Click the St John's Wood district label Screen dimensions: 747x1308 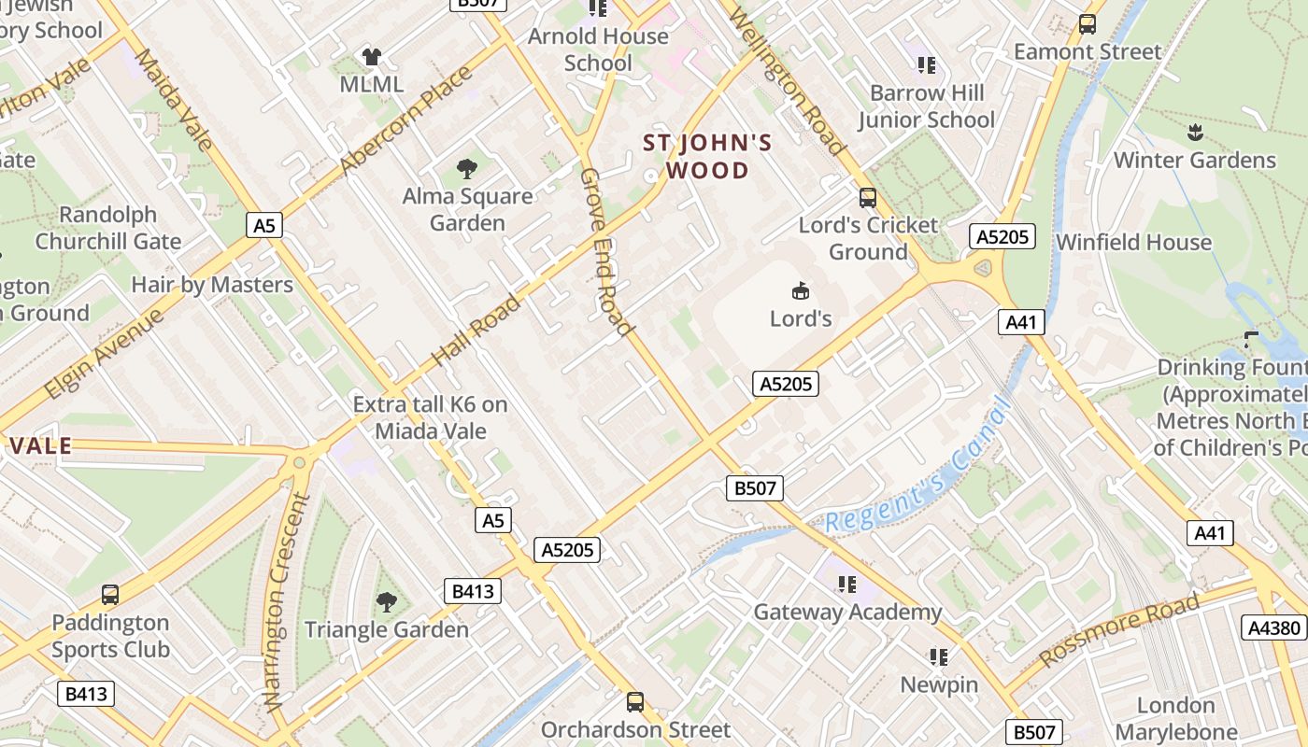tap(707, 157)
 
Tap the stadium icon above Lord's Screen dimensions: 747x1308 tap(800, 291)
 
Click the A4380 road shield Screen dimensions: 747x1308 tap(1274, 627)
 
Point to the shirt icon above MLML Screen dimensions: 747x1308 tap(372, 57)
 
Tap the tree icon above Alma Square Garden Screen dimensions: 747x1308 tap(466, 169)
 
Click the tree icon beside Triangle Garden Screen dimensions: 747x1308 tap(386, 602)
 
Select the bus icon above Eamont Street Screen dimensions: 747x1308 tap(1087, 24)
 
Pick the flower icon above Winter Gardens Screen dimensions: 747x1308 tap(1194, 133)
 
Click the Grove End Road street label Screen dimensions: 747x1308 tap(605, 252)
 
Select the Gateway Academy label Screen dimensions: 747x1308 tap(847, 613)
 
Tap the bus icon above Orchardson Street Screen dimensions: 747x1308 tap(635, 701)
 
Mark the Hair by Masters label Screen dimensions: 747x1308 tap(212, 285)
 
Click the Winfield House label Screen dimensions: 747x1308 tap(1133, 243)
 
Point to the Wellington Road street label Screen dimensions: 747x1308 tap(787, 81)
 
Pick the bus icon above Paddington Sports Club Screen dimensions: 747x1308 tap(110, 595)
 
